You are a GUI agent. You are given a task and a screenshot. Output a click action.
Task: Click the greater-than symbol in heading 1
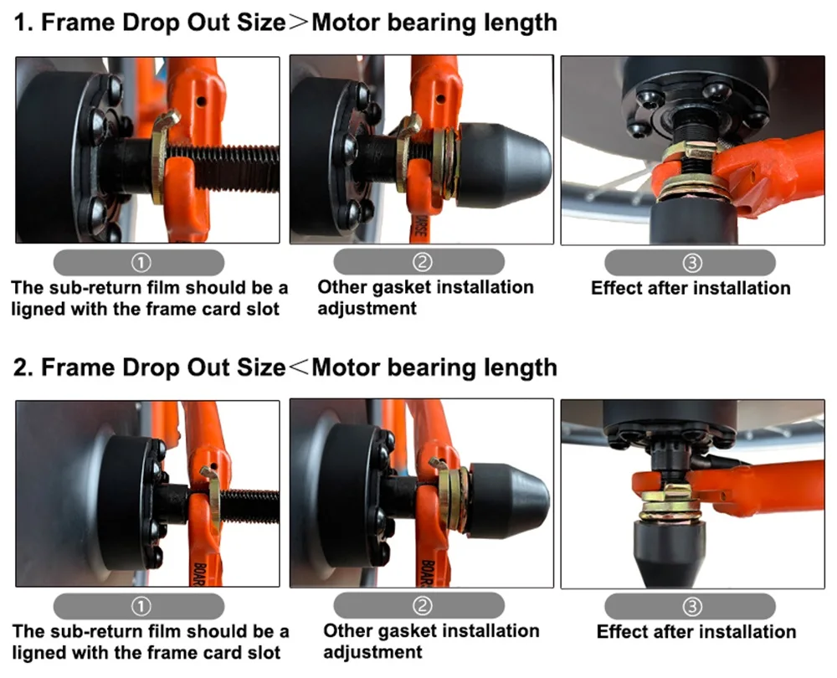tap(299, 23)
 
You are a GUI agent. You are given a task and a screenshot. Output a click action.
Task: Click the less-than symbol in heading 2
tap(299, 367)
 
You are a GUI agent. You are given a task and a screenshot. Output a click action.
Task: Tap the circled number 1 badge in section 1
tap(141, 262)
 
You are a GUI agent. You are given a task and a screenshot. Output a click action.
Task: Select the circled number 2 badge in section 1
tap(422, 262)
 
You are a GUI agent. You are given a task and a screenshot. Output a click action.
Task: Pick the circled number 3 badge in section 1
tap(692, 263)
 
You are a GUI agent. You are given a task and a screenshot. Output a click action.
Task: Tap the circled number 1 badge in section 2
tap(141, 606)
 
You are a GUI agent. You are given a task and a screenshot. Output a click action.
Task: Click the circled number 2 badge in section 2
tap(422, 605)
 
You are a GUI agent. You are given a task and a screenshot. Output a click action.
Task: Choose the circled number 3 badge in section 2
tap(692, 607)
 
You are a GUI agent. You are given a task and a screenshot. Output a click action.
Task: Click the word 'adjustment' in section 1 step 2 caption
tap(367, 309)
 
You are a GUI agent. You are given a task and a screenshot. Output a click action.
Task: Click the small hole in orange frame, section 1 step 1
tap(201, 101)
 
